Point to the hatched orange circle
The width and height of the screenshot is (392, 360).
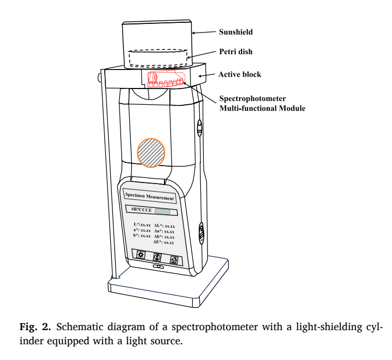coord(151,152)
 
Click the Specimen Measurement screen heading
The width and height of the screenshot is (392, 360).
coord(149,197)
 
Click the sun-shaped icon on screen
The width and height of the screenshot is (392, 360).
coord(140,255)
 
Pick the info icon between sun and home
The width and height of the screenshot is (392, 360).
coord(157,257)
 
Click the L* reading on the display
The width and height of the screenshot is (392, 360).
coord(142,224)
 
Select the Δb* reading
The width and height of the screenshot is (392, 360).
coord(164,237)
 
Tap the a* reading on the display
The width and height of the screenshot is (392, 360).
coord(142,230)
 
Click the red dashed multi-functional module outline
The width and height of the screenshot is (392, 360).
coord(166,80)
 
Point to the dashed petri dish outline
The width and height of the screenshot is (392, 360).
coord(158,58)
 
